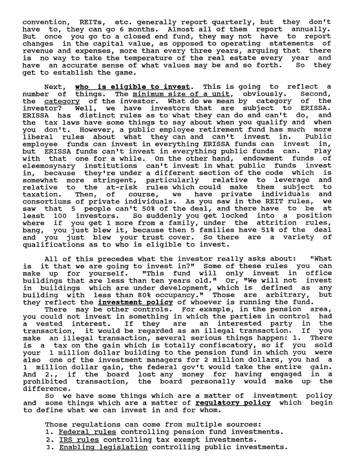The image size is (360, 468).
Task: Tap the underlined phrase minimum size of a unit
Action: click(181, 94)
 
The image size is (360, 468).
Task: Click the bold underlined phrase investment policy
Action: click(136, 302)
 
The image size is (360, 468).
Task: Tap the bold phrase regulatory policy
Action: click(233, 403)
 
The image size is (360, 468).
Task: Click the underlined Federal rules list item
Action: click(87, 432)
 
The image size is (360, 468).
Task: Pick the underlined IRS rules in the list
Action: click(79, 440)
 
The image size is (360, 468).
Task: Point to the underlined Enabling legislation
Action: click(103, 447)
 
